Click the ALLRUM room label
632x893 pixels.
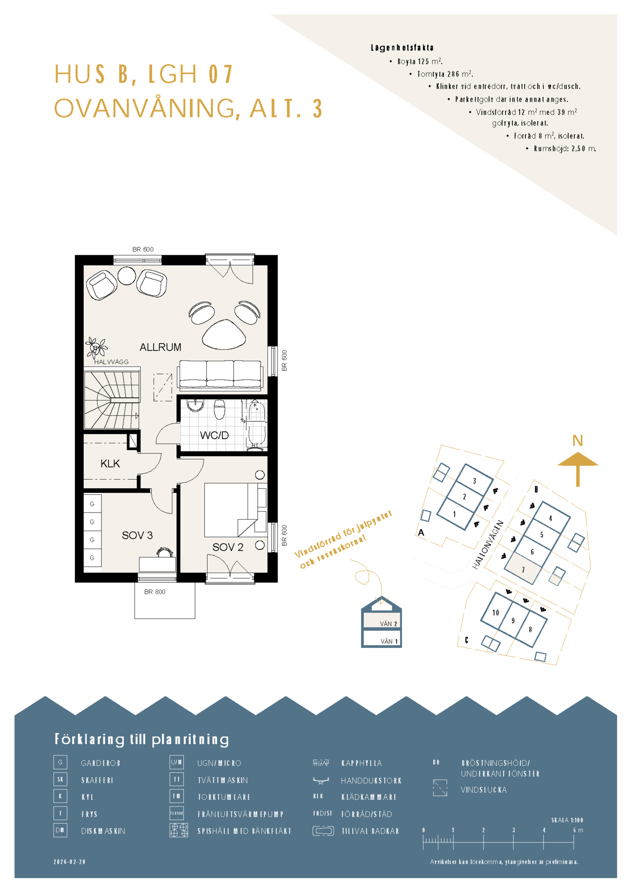tap(160, 347)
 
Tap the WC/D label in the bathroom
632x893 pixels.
tap(214, 435)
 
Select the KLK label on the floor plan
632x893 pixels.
tap(110, 464)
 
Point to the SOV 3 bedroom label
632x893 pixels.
tap(137, 535)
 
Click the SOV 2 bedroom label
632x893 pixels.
tap(228, 547)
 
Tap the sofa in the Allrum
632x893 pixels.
tap(220, 375)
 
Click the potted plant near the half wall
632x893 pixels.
tap(96, 347)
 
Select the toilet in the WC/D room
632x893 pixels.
tap(220, 409)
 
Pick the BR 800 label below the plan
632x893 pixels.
tap(155, 592)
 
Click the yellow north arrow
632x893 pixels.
tap(578, 468)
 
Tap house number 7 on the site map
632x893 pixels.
tap(523, 570)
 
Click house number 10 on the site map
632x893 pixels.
tap(496, 613)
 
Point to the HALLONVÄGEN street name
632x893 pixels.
tap(488, 545)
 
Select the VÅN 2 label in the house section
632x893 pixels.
tap(389, 624)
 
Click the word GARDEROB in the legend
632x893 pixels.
tap(101, 763)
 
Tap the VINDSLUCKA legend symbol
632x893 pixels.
tap(440, 788)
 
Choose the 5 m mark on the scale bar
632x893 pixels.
tap(574, 830)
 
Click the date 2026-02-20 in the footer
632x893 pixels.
tap(70, 862)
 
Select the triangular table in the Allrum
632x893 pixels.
tap(224, 334)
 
